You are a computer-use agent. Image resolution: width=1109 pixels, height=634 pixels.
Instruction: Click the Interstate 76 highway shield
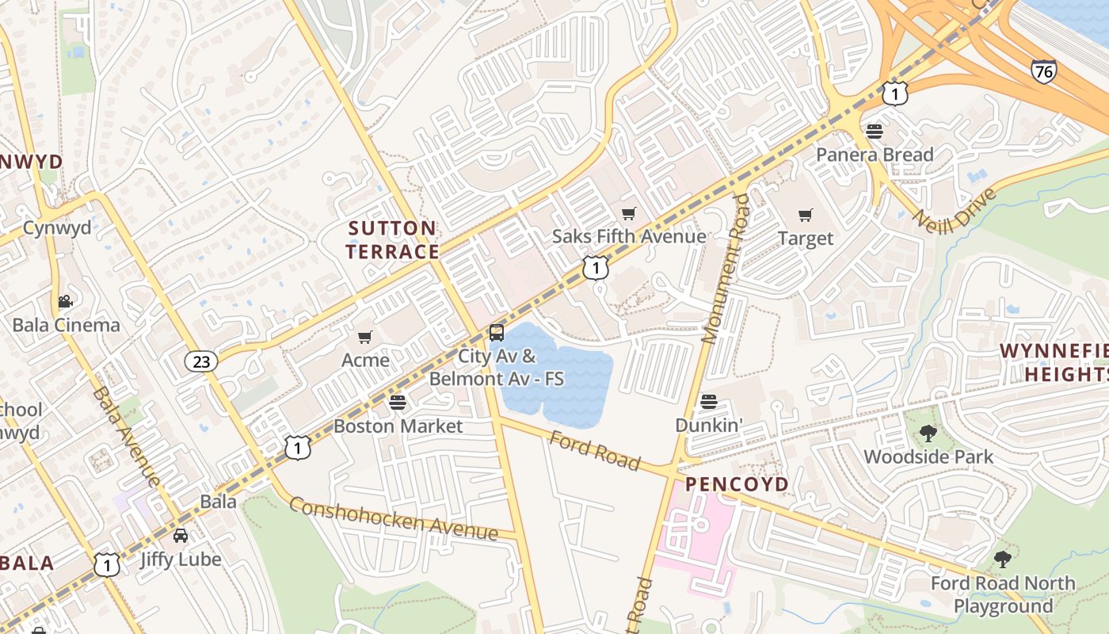point(1043,71)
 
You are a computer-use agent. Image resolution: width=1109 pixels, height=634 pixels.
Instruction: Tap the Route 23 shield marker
point(201,361)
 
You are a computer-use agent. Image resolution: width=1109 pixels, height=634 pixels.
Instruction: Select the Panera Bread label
point(875,155)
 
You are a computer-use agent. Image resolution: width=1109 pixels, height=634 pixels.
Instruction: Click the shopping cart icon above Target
point(806,215)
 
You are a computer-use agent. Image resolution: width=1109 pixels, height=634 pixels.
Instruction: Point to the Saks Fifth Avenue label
point(629,236)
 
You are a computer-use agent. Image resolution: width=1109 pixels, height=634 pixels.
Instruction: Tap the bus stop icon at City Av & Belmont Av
point(497,333)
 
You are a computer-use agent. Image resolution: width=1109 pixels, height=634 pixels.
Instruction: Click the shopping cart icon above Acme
point(365,338)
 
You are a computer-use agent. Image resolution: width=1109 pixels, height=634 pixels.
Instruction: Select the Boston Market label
point(398,426)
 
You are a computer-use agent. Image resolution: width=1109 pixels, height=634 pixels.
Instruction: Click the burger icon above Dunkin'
point(709,402)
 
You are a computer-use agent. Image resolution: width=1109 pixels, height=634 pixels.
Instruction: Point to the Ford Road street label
point(594,450)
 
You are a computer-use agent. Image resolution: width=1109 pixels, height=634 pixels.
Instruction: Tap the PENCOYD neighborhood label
point(737,484)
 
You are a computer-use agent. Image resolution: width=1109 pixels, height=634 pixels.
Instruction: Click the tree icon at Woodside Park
point(928,433)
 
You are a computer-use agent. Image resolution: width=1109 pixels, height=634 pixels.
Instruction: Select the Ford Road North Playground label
point(1002,595)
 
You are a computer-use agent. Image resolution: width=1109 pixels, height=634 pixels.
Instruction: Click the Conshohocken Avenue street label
point(393,518)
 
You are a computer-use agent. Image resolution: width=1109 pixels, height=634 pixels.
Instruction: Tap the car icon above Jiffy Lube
point(181,536)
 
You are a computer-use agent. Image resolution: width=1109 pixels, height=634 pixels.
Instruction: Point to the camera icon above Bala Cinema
point(65,302)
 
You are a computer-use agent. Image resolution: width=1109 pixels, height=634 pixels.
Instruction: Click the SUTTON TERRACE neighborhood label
point(394,240)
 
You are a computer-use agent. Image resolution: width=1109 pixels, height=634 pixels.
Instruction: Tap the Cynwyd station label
point(56,228)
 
